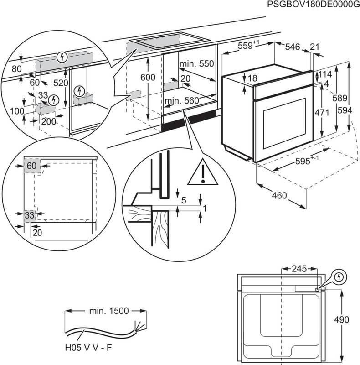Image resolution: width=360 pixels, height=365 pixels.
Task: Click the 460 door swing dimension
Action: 279,196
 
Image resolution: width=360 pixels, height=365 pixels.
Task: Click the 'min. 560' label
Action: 183,100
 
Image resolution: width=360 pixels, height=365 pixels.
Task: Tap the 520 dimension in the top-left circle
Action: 60,83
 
